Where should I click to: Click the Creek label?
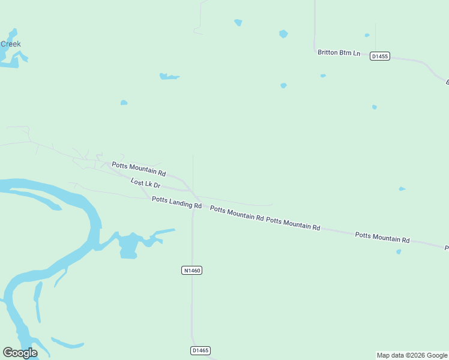[11, 44]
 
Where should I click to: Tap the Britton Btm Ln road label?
[339, 53]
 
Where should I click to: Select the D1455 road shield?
[379, 56]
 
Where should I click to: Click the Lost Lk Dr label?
[145, 184]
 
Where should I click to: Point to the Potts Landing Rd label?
[176, 202]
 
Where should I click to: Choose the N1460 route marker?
[191, 271]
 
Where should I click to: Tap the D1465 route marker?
[200, 350]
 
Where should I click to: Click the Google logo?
[20, 353]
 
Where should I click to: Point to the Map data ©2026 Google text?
[412, 355]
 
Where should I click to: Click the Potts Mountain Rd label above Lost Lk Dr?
[139, 169]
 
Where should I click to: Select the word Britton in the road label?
[328, 52]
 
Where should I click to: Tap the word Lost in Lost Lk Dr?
[137, 181]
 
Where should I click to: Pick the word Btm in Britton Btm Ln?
[346, 53]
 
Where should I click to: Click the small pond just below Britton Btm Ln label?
[323, 76]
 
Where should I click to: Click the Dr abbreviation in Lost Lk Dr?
[156, 187]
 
